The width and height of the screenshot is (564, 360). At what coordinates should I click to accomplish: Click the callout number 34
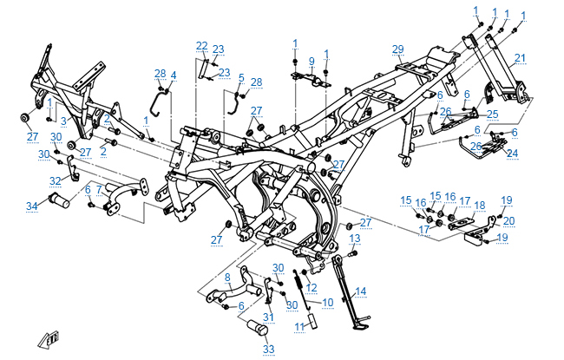click(32, 206)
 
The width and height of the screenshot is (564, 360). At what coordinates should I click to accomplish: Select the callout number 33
click(268, 349)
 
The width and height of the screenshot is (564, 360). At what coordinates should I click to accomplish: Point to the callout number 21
click(521, 58)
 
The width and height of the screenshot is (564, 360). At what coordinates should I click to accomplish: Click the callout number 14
click(361, 291)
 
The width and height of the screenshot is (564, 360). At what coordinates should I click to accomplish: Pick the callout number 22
click(201, 45)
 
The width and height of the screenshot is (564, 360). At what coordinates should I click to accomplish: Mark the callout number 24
click(511, 153)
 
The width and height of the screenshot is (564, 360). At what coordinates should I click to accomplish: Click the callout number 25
click(492, 114)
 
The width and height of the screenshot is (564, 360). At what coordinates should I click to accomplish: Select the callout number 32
click(56, 181)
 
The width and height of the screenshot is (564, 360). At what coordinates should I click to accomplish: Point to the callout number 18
click(479, 206)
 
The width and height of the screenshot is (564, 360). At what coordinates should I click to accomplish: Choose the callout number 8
click(227, 277)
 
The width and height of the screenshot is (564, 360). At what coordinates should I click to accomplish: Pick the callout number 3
click(63, 121)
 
